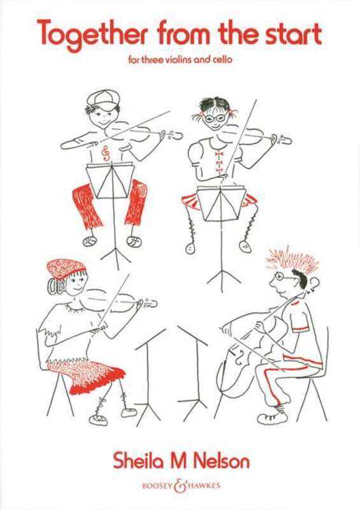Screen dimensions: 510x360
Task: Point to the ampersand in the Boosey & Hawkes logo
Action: point(180,485)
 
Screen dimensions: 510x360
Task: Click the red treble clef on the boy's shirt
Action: point(105,152)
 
